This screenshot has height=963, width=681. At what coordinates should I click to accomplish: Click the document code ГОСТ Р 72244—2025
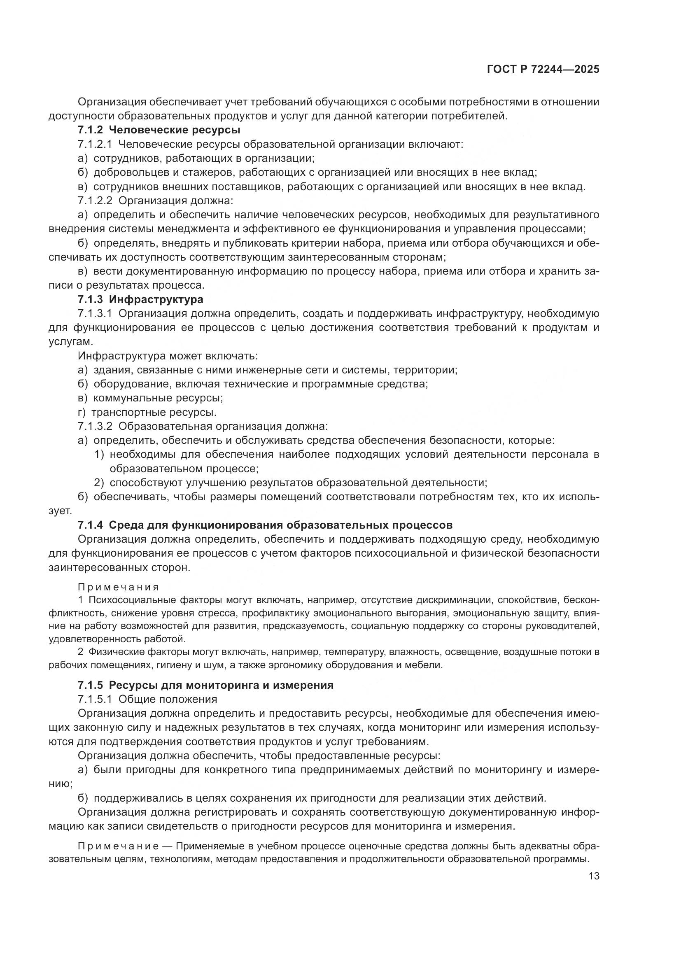click(543, 70)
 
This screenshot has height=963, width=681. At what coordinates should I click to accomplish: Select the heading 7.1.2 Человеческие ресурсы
click(159, 130)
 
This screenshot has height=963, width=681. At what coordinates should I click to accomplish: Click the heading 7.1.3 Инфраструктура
click(140, 299)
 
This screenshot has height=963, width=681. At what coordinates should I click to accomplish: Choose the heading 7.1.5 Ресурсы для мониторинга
click(205, 686)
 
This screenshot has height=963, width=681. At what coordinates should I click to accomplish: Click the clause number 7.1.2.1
click(95, 144)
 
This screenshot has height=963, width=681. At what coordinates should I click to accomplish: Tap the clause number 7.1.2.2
click(95, 201)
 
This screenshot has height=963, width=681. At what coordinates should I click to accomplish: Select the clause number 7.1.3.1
click(95, 314)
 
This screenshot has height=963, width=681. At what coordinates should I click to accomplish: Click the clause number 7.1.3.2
click(95, 426)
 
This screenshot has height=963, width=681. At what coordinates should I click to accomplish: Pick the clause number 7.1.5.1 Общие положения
click(148, 699)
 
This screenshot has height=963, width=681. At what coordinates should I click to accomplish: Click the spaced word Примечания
click(119, 587)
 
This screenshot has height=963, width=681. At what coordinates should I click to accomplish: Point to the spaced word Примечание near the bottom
click(119, 846)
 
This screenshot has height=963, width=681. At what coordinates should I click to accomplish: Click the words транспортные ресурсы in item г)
click(154, 412)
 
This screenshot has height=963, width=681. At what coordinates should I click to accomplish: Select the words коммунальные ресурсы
click(158, 398)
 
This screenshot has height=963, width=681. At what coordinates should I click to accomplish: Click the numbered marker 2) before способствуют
click(99, 483)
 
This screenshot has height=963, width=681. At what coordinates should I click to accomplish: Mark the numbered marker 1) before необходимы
click(99, 454)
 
